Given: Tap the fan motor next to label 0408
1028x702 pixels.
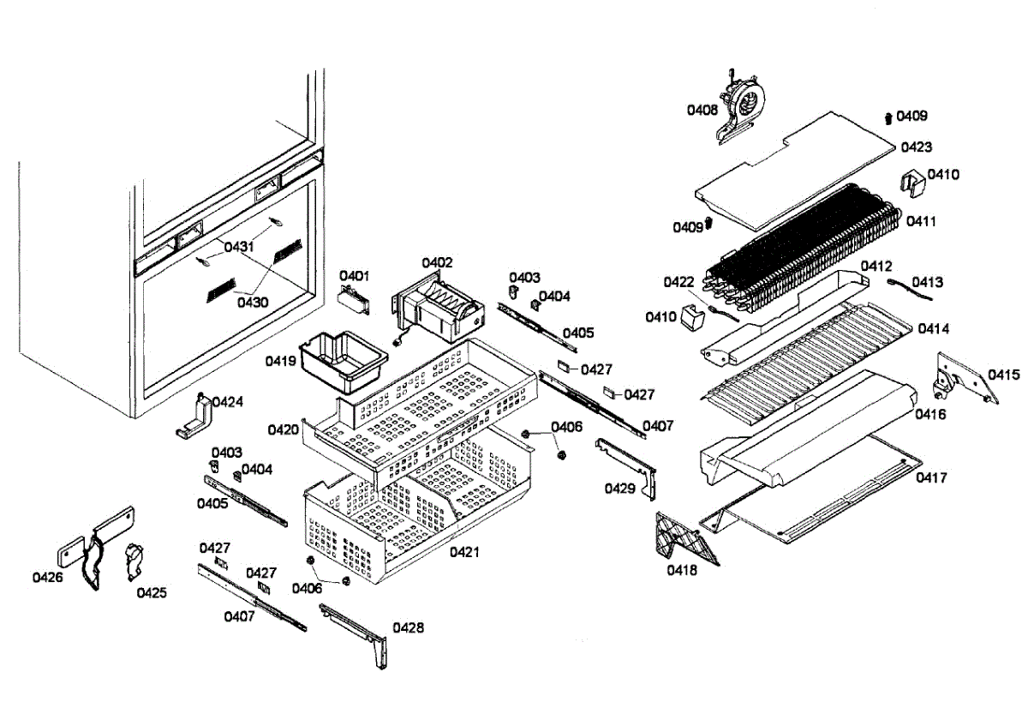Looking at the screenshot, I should click(742, 101).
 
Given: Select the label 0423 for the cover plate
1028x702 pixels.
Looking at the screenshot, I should click(917, 147).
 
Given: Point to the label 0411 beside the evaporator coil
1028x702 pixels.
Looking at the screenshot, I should click(922, 221).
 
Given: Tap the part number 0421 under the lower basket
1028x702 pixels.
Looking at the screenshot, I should click(464, 552).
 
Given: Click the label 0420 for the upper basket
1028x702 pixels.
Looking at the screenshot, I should click(283, 429).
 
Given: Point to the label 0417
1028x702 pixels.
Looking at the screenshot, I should click(932, 477).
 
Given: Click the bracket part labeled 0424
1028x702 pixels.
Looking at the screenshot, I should click(195, 417).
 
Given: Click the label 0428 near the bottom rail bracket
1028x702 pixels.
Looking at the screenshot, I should click(409, 627).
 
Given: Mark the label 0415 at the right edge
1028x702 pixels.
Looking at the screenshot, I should click(1003, 375).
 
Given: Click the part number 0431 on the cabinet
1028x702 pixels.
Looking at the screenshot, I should click(240, 247).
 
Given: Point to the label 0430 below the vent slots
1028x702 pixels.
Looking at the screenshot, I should click(253, 302).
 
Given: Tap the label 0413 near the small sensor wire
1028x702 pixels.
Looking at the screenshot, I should click(927, 282).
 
